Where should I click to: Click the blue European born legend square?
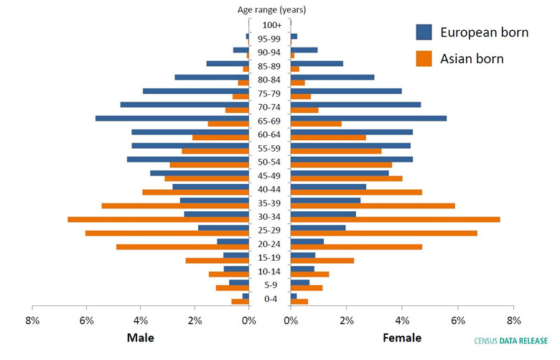[424, 32]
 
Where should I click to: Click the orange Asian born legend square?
[424, 58]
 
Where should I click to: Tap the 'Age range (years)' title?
[271, 9]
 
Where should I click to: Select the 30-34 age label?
[270, 216]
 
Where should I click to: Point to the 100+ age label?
[271, 25]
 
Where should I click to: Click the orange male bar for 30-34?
[158, 219]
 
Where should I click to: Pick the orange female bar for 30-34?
[395, 219]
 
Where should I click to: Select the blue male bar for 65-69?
[172, 118]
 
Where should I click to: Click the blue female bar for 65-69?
[368, 118]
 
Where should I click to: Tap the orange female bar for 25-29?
[383, 233]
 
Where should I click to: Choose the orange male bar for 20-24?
[182, 246]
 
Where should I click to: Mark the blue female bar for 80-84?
[332, 77]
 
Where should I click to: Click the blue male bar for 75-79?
[195, 91]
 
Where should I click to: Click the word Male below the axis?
[140, 338]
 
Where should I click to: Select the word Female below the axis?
[402, 338]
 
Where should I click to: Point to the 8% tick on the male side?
[32, 320]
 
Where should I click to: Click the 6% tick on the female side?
[457, 320]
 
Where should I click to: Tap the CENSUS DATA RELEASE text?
[510, 341]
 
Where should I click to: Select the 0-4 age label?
[270, 299]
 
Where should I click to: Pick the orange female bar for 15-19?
[322, 260]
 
